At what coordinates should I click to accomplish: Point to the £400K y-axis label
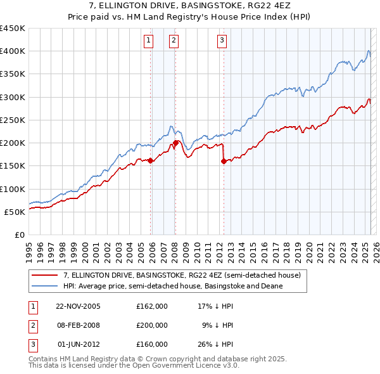tap(13, 51)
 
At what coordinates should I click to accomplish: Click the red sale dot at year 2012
tap(224, 161)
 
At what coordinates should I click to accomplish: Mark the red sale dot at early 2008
tap(175, 143)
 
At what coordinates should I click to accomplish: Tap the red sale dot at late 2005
tap(151, 160)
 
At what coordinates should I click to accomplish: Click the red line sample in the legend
tap(44, 275)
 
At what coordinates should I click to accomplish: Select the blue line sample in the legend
tap(44, 286)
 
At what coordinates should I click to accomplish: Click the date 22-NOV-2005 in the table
tap(77, 306)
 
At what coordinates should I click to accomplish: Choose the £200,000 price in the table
tap(151, 325)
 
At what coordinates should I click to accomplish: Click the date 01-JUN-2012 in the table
tap(77, 344)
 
